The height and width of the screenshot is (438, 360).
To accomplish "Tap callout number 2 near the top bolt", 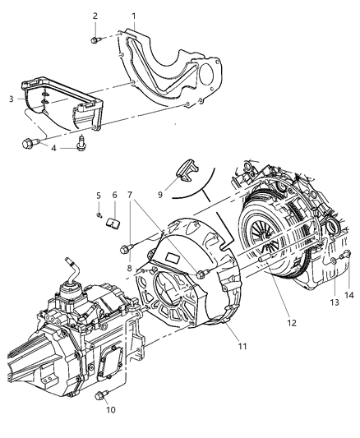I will point(95,16).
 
